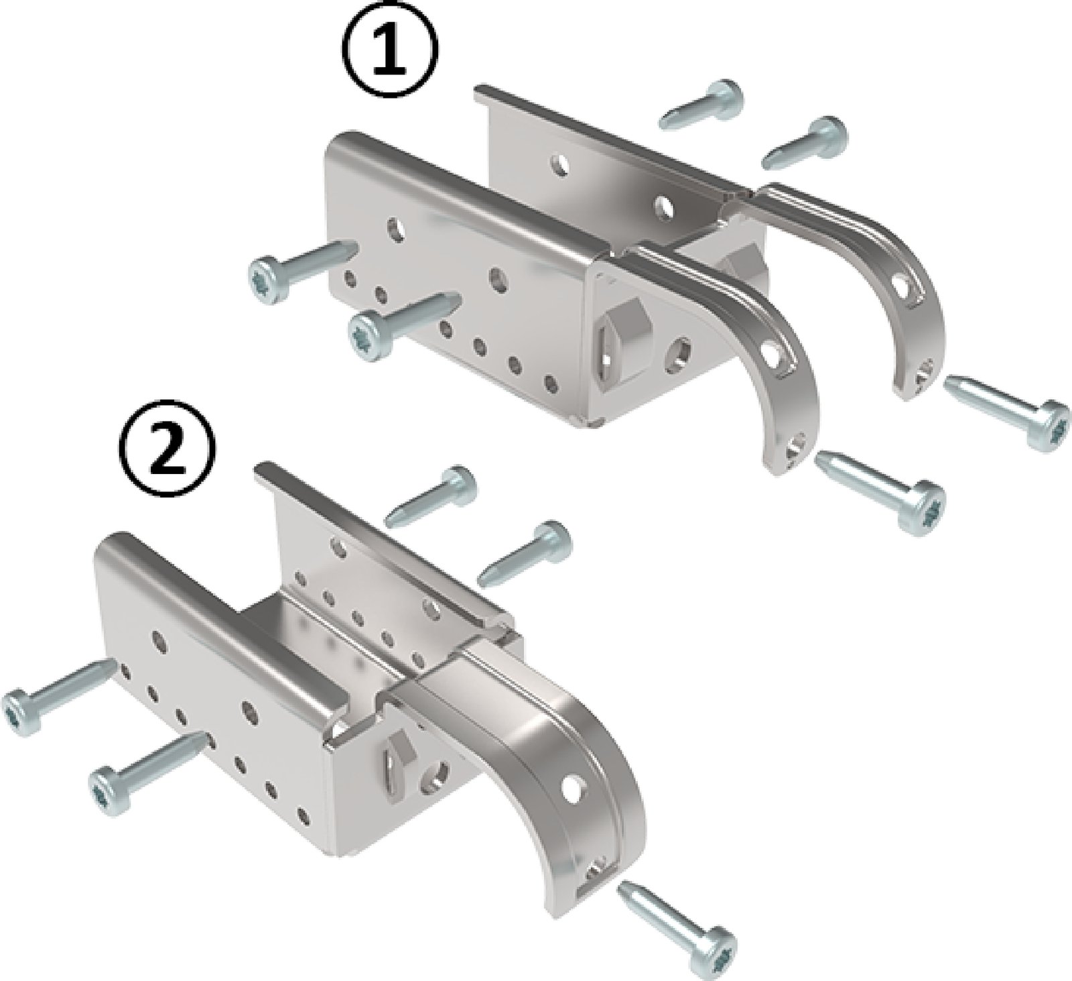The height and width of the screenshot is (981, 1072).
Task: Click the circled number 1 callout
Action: point(393,50)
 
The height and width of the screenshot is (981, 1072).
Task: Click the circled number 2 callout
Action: point(167,448)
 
